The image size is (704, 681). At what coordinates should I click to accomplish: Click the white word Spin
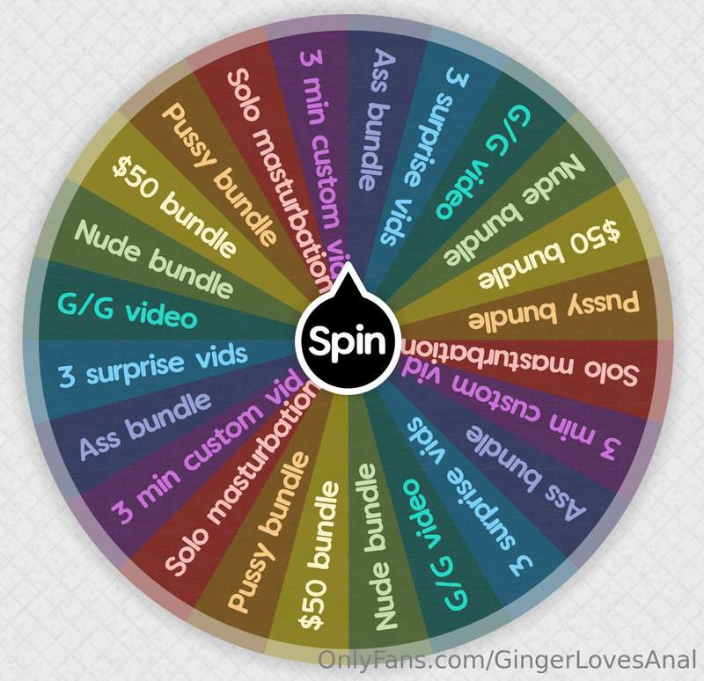tap(347, 340)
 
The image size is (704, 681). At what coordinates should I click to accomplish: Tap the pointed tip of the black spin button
tap(347, 263)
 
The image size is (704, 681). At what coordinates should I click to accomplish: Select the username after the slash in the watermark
tap(596, 660)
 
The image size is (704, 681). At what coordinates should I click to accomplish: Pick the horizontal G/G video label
tap(128, 309)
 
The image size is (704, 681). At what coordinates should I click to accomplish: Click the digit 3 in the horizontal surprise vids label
tap(68, 377)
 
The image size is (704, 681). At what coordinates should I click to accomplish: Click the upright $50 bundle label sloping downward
tap(173, 206)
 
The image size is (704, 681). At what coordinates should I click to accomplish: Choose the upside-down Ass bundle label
tap(526, 472)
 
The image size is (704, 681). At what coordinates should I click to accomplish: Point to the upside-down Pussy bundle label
tap(554, 310)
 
